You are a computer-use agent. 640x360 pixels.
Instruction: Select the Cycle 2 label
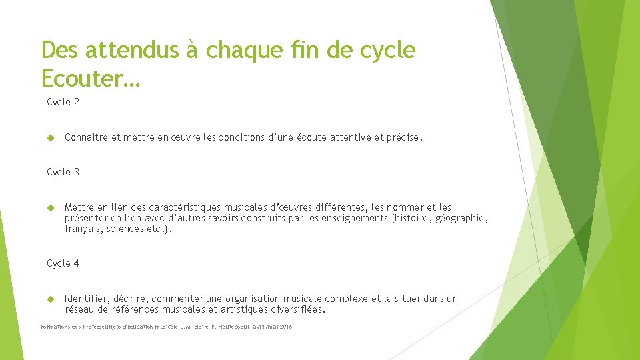click(63, 102)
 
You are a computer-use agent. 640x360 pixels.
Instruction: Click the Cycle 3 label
click(63, 172)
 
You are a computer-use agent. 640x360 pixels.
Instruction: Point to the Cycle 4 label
click(63, 263)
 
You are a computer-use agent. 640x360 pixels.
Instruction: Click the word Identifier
click(87, 299)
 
